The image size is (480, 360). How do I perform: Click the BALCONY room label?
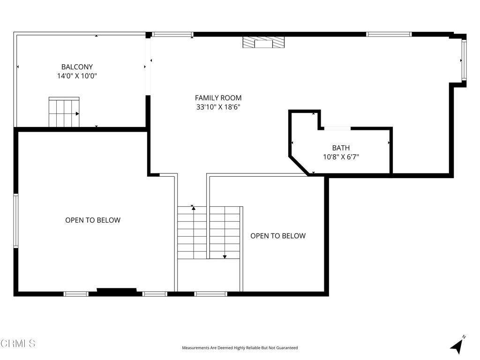click(77, 67)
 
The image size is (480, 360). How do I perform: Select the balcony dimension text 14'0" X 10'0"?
click(77, 76)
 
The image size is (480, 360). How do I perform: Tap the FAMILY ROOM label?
click(218, 98)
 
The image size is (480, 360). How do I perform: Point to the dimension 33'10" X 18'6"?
click(218, 107)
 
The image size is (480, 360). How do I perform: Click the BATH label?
click(341, 148)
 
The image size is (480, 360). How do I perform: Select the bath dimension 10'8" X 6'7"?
click(341, 157)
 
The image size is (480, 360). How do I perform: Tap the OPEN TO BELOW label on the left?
click(92, 220)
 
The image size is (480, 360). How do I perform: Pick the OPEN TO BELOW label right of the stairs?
click(277, 236)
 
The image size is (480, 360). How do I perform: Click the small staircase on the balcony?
click(64, 112)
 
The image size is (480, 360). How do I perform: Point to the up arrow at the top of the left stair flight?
click(193, 207)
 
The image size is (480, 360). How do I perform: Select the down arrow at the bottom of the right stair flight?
click(225, 256)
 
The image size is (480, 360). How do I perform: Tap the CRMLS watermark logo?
click(18, 344)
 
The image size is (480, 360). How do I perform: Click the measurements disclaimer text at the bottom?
click(240, 348)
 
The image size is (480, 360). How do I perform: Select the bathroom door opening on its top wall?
click(337, 128)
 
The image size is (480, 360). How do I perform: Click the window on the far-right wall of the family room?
click(464, 60)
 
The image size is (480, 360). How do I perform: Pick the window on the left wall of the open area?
click(15, 220)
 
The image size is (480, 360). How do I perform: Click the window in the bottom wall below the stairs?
click(210, 294)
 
